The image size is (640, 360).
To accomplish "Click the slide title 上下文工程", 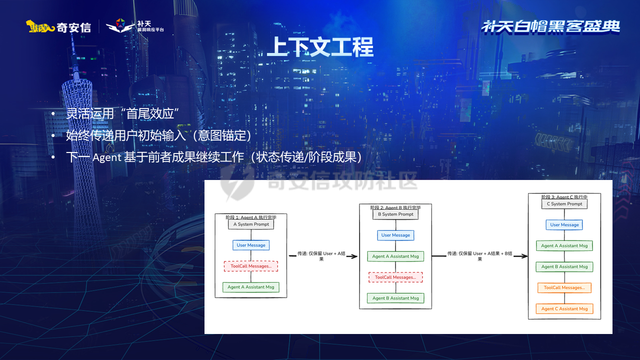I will pos(320,47).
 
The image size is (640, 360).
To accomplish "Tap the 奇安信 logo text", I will pos(73,27).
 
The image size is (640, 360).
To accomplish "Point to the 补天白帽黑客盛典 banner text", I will pos(550,26).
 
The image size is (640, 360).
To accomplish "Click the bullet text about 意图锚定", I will pos(158,135).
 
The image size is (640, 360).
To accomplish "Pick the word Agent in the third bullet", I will pos(106,157).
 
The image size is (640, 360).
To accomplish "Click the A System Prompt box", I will pos(251,224).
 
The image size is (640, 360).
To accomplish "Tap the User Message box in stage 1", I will pos(251,245).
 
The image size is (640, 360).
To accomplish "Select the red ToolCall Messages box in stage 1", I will pos(251,266).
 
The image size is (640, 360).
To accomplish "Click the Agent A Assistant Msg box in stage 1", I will pos(251,287).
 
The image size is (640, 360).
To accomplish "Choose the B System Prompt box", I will pos(395,214).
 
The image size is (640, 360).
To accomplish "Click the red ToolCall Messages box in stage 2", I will pos(395,277).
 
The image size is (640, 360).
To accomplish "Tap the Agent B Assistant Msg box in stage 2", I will pos(395,298).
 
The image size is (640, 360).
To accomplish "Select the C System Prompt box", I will pos(564,204).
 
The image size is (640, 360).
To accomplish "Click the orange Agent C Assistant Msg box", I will pos(564,308).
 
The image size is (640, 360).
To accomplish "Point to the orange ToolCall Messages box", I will pos(564,287).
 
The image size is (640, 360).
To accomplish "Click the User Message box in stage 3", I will pos(564,225).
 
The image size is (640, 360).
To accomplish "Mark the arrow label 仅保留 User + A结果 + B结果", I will pos(479,256).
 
